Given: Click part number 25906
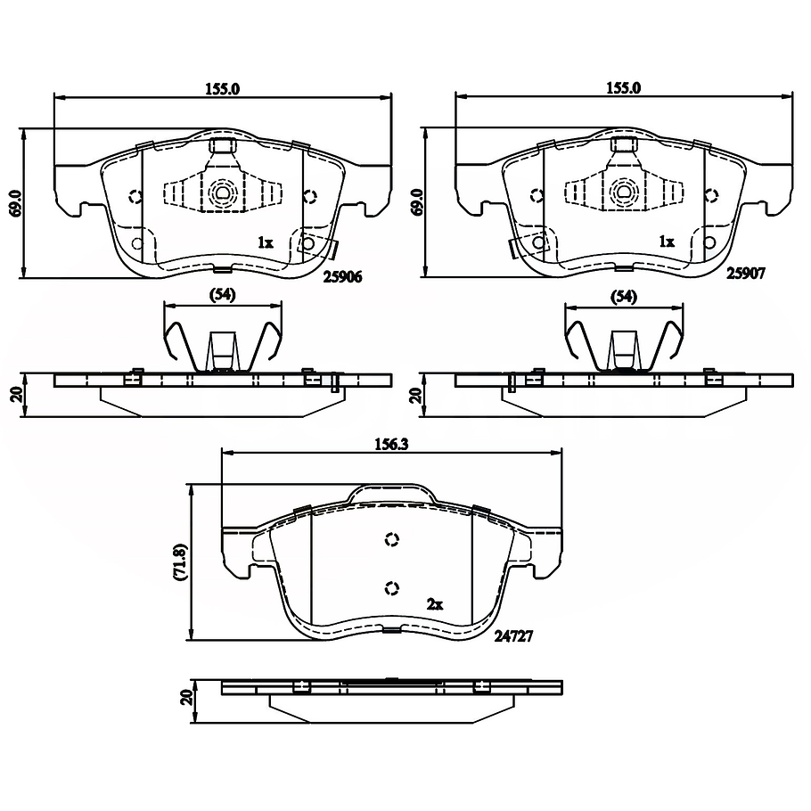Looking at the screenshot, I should coord(341,277).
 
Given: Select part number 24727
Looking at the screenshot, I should coord(512,638).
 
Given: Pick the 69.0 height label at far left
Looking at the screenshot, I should coord(15,203).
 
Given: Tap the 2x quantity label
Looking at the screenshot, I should coord(435,604).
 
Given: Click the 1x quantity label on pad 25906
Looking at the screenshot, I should coord(264,242).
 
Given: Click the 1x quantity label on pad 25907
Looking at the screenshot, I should coord(665,242).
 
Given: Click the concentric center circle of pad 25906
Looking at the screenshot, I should coord(221,192).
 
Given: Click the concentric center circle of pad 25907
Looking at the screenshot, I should coord(622,192).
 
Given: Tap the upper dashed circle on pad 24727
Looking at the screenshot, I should coord(391,539).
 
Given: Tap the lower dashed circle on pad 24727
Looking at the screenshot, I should coord(391,587).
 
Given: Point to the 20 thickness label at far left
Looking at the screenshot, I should coord(15,394).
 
